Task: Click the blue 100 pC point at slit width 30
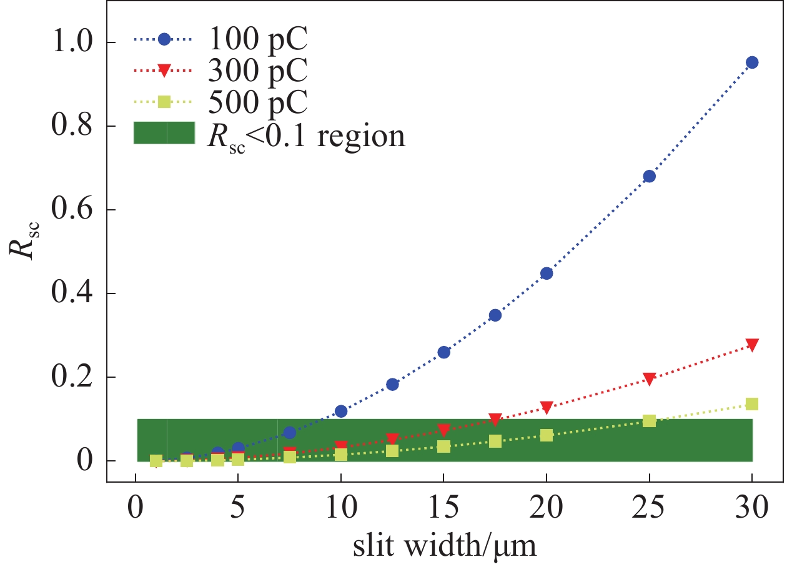point(752,62)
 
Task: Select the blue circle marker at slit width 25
point(649,176)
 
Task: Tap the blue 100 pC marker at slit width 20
point(547,274)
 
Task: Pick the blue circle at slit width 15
point(444,352)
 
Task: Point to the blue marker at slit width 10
point(341,411)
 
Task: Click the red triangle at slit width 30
point(752,345)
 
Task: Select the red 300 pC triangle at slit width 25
point(649,379)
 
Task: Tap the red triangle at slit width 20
point(547,407)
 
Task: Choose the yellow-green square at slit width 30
point(752,404)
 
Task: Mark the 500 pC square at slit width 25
point(649,421)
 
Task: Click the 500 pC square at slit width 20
point(547,435)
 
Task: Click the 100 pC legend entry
point(257,39)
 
